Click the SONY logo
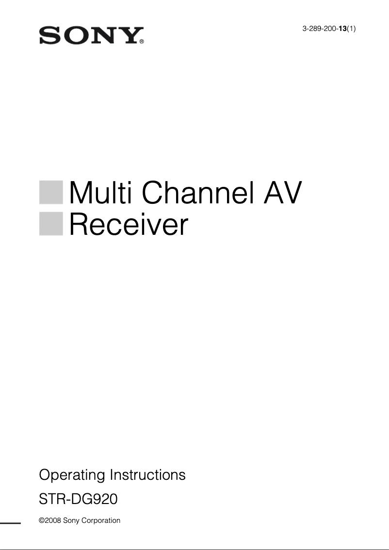pos(90,36)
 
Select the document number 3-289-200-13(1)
pos(329,29)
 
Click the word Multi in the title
pos(101,193)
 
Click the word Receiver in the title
pos(129,224)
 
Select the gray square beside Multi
pos(51,192)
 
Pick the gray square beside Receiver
pos(51,224)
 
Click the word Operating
pos(72,475)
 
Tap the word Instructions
pos(148,474)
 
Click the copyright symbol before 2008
pos(41,521)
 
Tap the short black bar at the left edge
pos(10,523)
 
